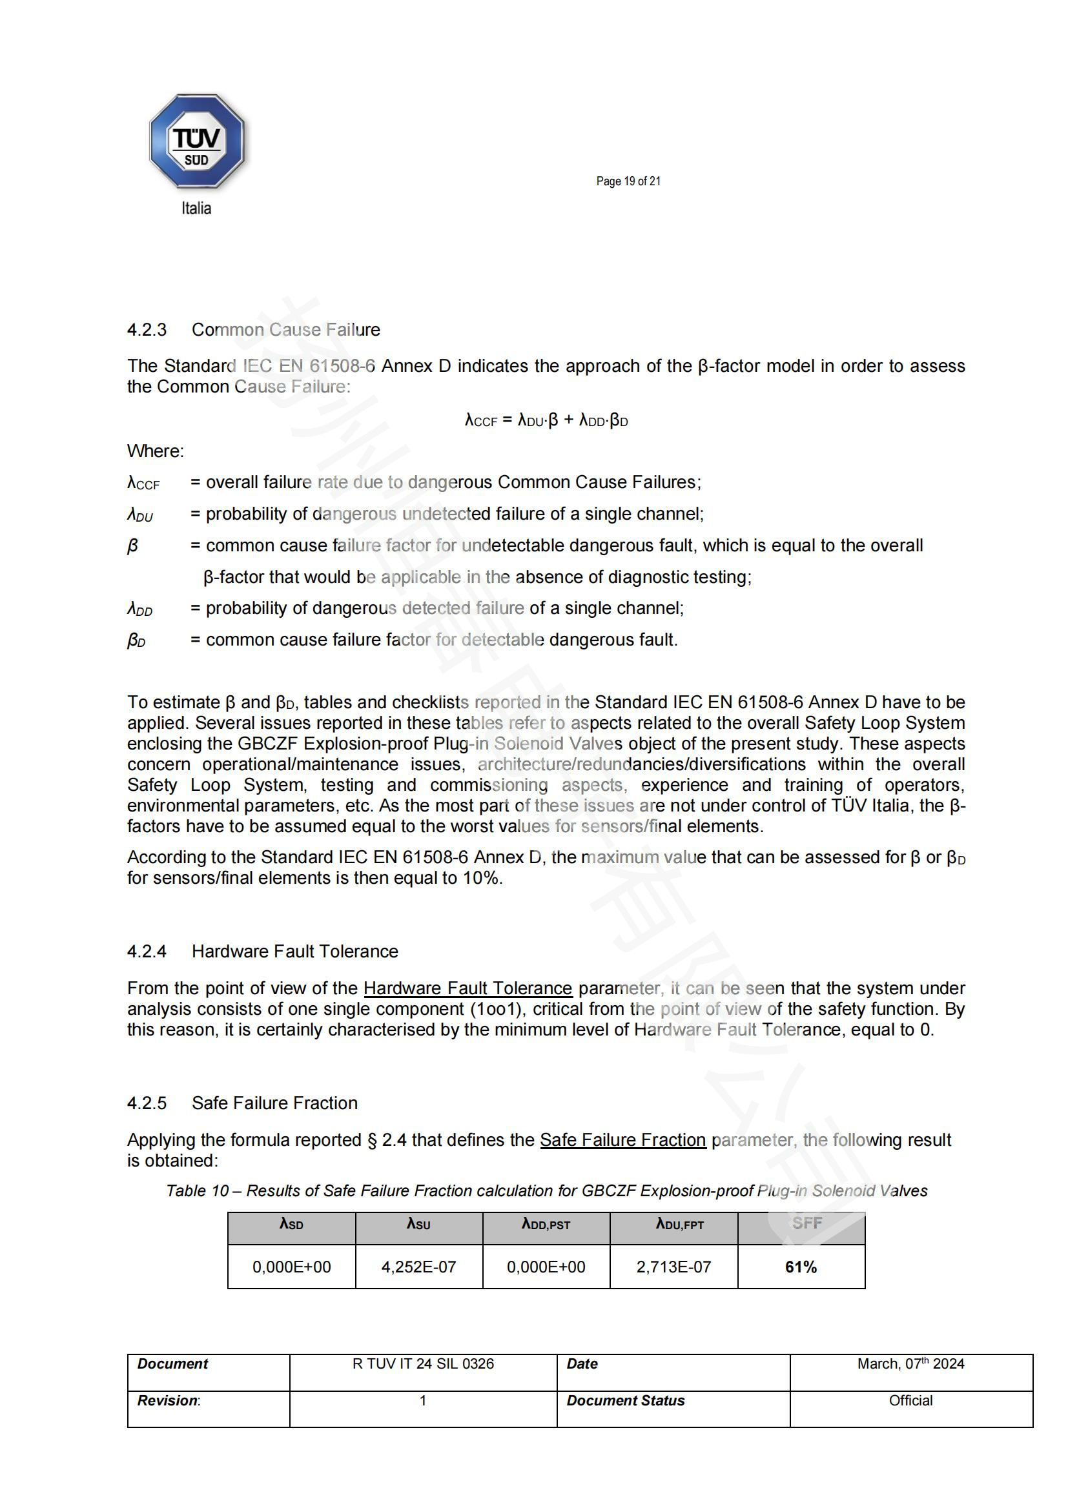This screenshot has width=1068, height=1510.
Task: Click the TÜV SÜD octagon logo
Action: click(197, 141)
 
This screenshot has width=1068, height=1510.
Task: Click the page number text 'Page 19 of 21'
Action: click(628, 181)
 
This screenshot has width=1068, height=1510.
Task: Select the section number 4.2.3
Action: click(147, 329)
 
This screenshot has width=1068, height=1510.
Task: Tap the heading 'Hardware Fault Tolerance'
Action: click(294, 951)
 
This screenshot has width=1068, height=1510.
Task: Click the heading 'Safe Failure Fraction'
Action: click(274, 1103)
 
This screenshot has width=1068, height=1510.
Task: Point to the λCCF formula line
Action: click(546, 420)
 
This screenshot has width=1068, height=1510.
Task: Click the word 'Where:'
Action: click(155, 451)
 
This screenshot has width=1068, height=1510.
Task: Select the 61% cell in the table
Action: click(800, 1267)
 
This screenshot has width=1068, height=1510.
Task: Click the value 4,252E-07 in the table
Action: click(418, 1267)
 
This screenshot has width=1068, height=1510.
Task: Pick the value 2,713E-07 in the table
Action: click(673, 1267)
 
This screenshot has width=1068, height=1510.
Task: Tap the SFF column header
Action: click(807, 1223)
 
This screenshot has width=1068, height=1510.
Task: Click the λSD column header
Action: click(291, 1224)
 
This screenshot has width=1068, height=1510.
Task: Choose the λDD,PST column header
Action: click(546, 1224)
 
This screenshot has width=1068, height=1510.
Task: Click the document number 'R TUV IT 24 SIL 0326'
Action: click(423, 1363)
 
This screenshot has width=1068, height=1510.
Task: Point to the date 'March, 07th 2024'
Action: click(910, 1363)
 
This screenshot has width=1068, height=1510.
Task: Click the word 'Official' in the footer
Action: click(910, 1400)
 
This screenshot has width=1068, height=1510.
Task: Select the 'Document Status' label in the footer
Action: click(626, 1400)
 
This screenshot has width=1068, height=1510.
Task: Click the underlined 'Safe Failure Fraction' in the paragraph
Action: click(622, 1139)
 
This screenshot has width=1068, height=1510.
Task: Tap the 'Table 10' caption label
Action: click(198, 1190)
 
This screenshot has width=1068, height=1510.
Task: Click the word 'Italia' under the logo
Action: click(196, 209)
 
